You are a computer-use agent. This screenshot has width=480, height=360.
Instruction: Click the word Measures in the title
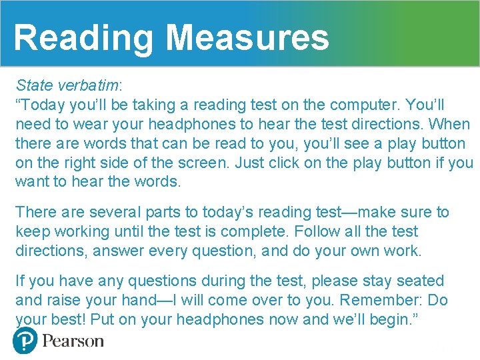click(x=247, y=37)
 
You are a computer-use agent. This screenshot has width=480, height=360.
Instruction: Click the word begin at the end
click(x=393, y=320)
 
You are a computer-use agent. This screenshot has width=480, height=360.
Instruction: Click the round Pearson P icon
click(x=25, y=341)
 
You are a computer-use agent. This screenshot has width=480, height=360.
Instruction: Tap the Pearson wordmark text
click(x=73, y=341)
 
